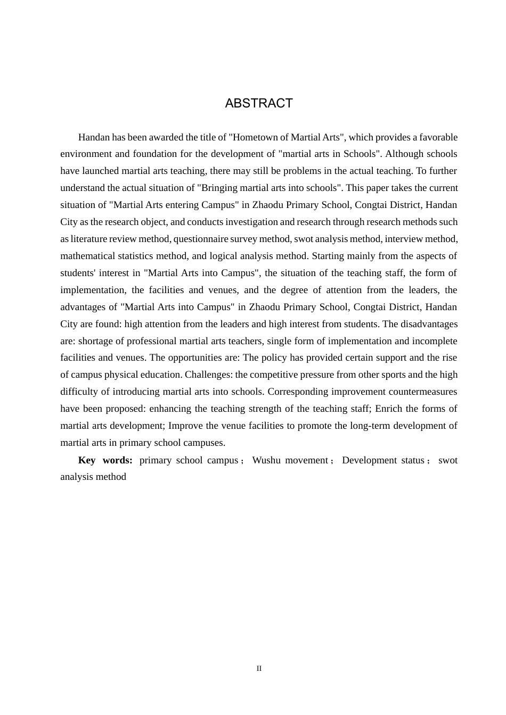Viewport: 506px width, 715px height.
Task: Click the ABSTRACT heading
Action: click(259, 103)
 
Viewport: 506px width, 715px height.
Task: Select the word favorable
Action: click(438, 137)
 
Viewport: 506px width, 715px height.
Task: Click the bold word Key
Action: click(87, 460)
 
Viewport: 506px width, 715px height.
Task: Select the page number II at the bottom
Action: click(259, 669)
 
